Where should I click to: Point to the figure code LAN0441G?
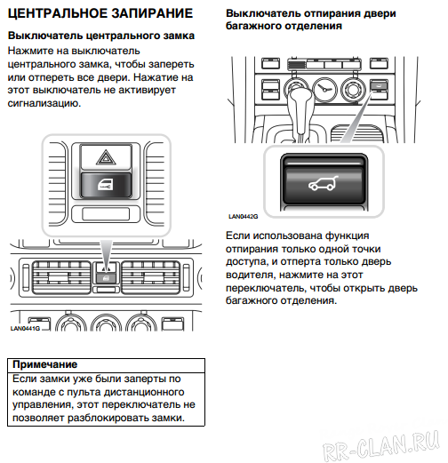coord(26,328)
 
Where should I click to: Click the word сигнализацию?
coord(44,103)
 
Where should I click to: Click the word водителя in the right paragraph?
coord(253,275)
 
